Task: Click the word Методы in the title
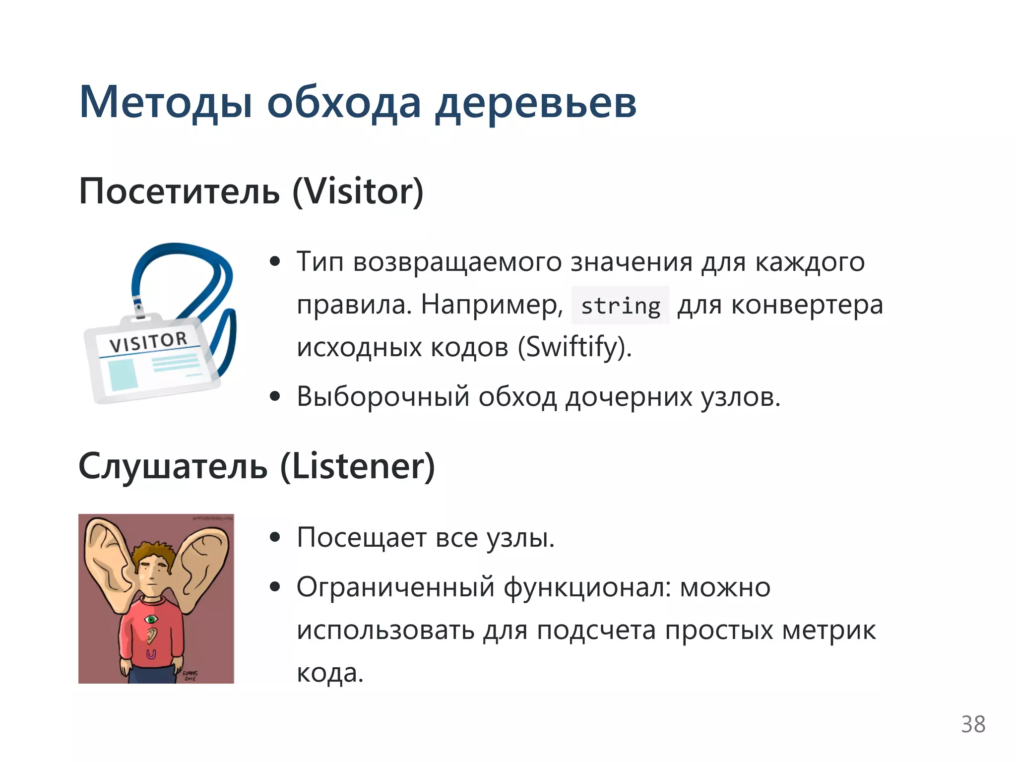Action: [166, 103]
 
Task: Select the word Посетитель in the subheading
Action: [179, 191]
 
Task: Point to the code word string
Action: [620, 306]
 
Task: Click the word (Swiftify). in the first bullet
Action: [574, 347]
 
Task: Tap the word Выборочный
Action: [382, 397]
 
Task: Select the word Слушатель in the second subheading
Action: [173, 466]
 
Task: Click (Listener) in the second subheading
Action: [358, 466]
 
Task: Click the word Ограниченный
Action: [395, 588]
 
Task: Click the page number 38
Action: [973, 724]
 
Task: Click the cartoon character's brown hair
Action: [152, 550]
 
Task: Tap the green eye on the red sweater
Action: [151, 619]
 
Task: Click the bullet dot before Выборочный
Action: [275, 397]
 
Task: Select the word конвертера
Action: [807, 305]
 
